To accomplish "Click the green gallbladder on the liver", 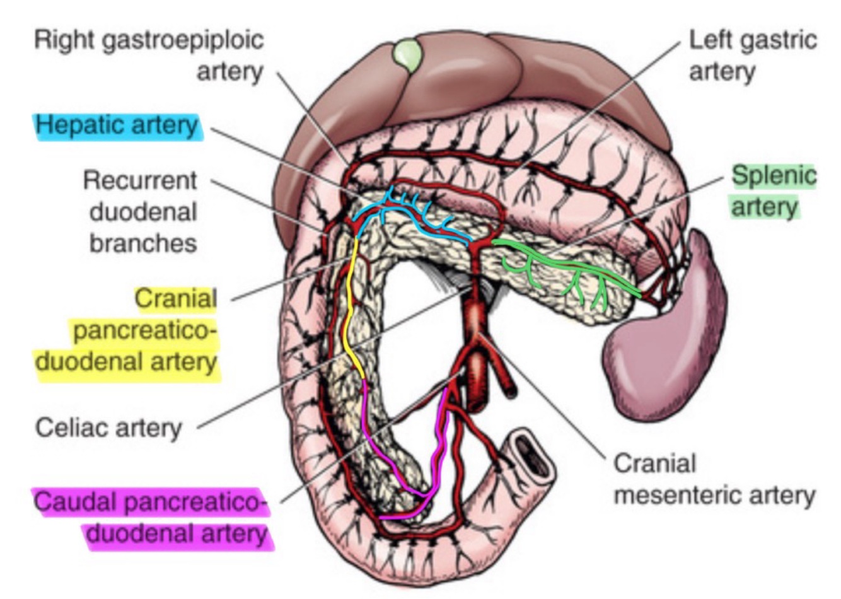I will coord(407,55).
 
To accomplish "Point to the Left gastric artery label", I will coord(752,55).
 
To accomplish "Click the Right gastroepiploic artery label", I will coord(149,55).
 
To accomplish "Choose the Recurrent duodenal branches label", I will coord(141,212).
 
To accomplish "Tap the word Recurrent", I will coord(141,181).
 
